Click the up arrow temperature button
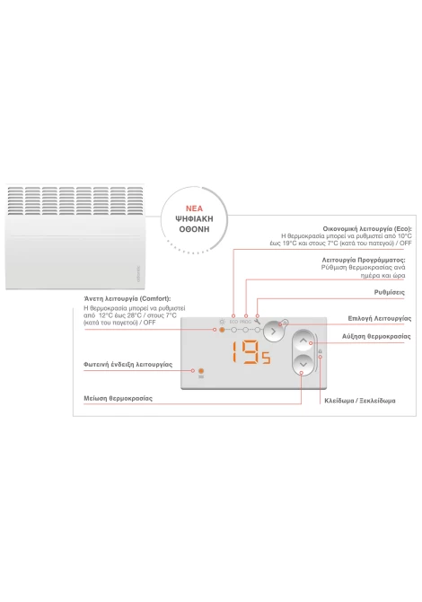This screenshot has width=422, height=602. tap(303, 341)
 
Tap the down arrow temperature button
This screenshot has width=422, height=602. tap(303, 364)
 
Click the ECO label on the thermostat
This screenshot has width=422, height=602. tap(234, 322)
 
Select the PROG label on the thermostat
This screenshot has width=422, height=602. tap(245, 322)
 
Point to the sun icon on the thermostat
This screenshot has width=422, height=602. tap(222, 322)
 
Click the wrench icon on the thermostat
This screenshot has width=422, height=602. tap(258, 322)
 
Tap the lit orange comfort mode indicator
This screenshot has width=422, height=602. tap(222, 330)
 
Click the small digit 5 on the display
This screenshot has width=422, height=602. tap(267, 359)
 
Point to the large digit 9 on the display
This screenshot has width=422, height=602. tap(251, 352)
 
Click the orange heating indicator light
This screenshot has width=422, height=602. tap(200, 371)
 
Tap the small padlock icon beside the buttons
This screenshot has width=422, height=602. tap(321, 351)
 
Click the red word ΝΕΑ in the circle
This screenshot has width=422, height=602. tap(194, 208)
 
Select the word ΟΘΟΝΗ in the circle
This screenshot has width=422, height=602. tap(194, 229)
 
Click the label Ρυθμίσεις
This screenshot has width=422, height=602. tap(389, 293)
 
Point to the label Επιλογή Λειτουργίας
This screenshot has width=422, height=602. tap(380, 319)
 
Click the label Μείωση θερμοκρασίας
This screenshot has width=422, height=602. tap(119, 399)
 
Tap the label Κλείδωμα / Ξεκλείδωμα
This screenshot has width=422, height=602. tap(360, 401)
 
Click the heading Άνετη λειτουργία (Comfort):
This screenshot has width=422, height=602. tap(127, 298)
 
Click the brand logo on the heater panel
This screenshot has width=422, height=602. tap(138, 274)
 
